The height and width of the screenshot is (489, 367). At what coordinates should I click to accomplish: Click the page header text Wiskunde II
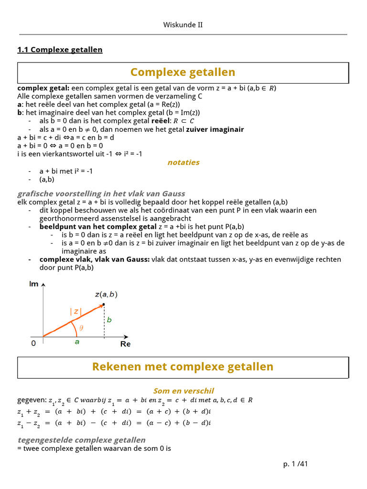pyautogui.click(x=183, y=25)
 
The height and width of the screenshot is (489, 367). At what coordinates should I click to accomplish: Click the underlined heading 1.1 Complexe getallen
pyautogui.click(x=60, y=50)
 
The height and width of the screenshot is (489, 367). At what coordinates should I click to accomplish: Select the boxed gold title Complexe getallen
pyautogui.click(x=183, y=72)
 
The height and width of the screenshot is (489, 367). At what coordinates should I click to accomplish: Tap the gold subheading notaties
pyautogui.click(x=183, y=162)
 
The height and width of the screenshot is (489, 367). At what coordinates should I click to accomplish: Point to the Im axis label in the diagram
pyautogui.click(x=34, y=284)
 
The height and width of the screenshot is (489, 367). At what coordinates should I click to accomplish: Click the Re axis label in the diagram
pyautogui.click(x=125, y=344)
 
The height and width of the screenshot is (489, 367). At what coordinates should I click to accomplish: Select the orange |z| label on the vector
pyautogui.click(x=76, y=311)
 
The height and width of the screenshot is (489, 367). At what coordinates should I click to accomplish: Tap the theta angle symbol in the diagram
pyautogui.click(x=81, y=328)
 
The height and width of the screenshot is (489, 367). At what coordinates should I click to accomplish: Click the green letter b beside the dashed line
pyautogui.click(x=109, y=320)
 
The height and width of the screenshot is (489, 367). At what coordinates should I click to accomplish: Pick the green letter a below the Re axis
pyautogui.click(x=76, y=342)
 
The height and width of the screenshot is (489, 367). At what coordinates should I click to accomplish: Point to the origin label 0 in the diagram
pyautogui.click(x=33, y=343)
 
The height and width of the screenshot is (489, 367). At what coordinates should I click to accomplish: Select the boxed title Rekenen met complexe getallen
pyautogui.click(x=183, y=367)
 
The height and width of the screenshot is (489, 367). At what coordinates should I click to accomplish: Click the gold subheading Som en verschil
pyautogui.click(x=183, y=391)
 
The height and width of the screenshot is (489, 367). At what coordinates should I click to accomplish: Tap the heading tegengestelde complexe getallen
pyautogui.click(x=81, y=440)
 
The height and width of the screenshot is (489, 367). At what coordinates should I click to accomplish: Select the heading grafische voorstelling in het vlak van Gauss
pyautogui.click(x=101, y=193)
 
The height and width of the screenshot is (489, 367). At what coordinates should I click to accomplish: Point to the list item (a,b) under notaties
pyautogui.click(x=47, y=179)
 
